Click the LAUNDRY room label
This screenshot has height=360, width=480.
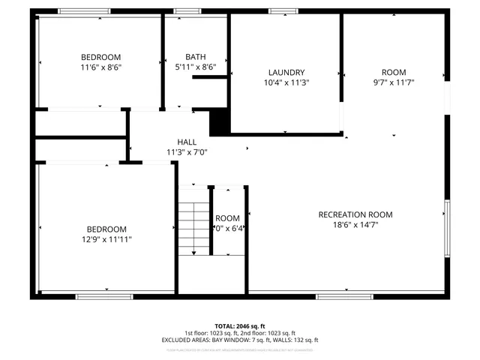coord(286,72)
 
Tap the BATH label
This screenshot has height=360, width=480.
coord(196,57)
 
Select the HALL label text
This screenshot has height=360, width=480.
coord(187,142)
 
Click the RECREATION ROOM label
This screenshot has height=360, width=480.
coord(355,214)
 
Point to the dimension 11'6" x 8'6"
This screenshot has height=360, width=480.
coord(100,67)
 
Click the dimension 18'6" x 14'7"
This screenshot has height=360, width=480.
coord(355,224)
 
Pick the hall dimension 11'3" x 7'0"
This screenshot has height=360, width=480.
coord(187,152)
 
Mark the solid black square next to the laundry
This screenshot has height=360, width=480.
coord(219,123)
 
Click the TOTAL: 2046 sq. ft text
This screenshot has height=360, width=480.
coord(240,326)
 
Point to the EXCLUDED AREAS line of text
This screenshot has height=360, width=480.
coord(240,340)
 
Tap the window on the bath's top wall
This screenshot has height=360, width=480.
coord(187,11)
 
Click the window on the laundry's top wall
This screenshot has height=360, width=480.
coord(282,11)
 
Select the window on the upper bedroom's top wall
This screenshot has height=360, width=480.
coord(79,11)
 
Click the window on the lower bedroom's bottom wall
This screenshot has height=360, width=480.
coord(99,297)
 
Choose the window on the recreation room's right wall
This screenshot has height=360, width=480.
coord(448,227)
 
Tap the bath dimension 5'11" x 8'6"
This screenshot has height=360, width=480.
coord(196,67)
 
